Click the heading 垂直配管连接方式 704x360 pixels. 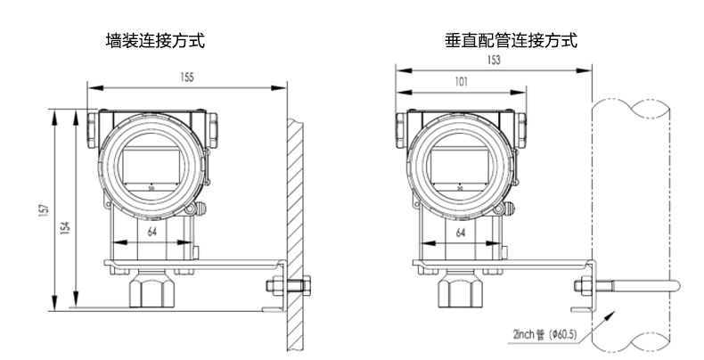pos(511,41)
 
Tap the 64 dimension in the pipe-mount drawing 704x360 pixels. pos(460,232)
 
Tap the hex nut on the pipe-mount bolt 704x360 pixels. pos(581,285)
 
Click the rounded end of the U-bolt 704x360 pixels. pos(675,285)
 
